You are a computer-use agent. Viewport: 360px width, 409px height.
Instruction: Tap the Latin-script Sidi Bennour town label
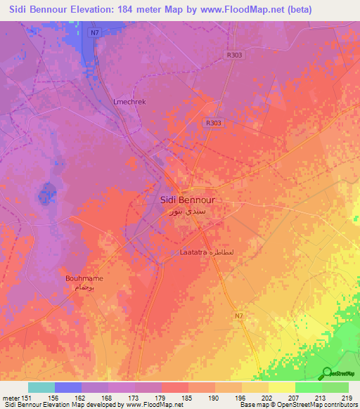183,199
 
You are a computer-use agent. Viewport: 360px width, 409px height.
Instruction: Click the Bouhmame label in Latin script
84,278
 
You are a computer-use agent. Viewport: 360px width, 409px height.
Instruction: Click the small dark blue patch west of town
47,190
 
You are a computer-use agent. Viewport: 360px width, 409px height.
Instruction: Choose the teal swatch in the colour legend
41,387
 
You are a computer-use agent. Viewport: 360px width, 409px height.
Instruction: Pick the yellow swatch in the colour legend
282,387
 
